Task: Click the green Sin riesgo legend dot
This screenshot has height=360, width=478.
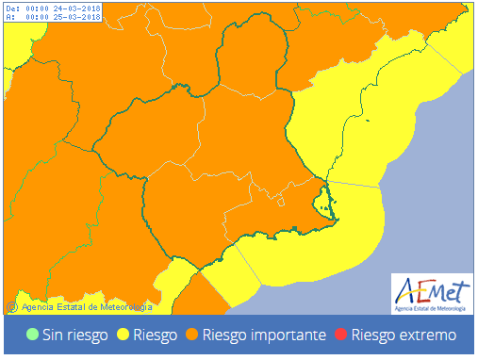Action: pyautogui.click(x=33, y=335)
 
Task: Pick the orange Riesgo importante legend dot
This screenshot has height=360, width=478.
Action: pyautogui.click(x=191, y=335)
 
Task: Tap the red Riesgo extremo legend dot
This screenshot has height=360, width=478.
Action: pyautogui.click(x=342, y=335)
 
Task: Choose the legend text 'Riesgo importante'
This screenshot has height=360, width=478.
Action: pyautogui.click(x=265, y=335)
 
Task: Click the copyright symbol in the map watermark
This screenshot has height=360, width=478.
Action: pyautogui.click(x=11, y=306)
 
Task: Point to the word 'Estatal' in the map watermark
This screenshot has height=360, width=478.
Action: pyautogui.click(x=69, y=306)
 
